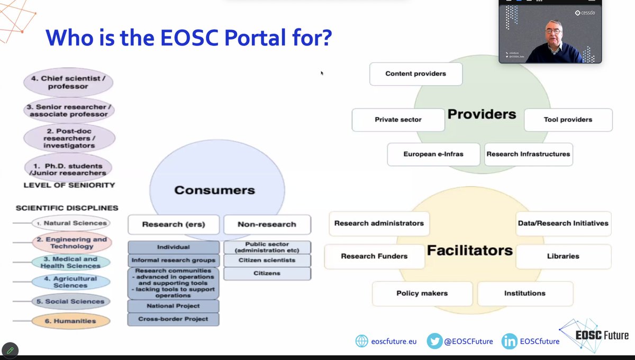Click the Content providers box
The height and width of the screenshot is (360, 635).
(x=415, y=74)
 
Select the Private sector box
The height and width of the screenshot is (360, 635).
(x=398, y=120)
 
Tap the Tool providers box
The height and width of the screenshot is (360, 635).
(x=568, y=120)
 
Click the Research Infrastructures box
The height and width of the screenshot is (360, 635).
(x=528, y=154)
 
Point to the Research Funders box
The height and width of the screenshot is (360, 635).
(x=374, y=256)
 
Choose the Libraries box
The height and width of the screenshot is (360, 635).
(x=563, y=256)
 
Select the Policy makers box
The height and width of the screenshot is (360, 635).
(x=422, y=293)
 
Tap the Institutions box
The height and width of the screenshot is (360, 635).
(x=524, y=293)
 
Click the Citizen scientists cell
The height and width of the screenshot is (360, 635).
(x=267, y=260)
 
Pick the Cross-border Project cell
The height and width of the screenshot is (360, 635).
(x=173, y=319)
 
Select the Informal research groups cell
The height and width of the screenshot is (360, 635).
(x=173, y=260)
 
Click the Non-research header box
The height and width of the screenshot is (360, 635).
(x=267, y=224)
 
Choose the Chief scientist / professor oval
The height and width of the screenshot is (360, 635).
(x=68, y=82)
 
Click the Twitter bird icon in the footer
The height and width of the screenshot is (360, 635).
(x=434, y=341)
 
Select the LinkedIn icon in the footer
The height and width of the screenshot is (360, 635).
(x=509, y=341)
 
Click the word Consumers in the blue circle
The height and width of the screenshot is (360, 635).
(x=214, y=191)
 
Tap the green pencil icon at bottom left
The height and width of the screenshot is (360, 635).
(x=10, y=350)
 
